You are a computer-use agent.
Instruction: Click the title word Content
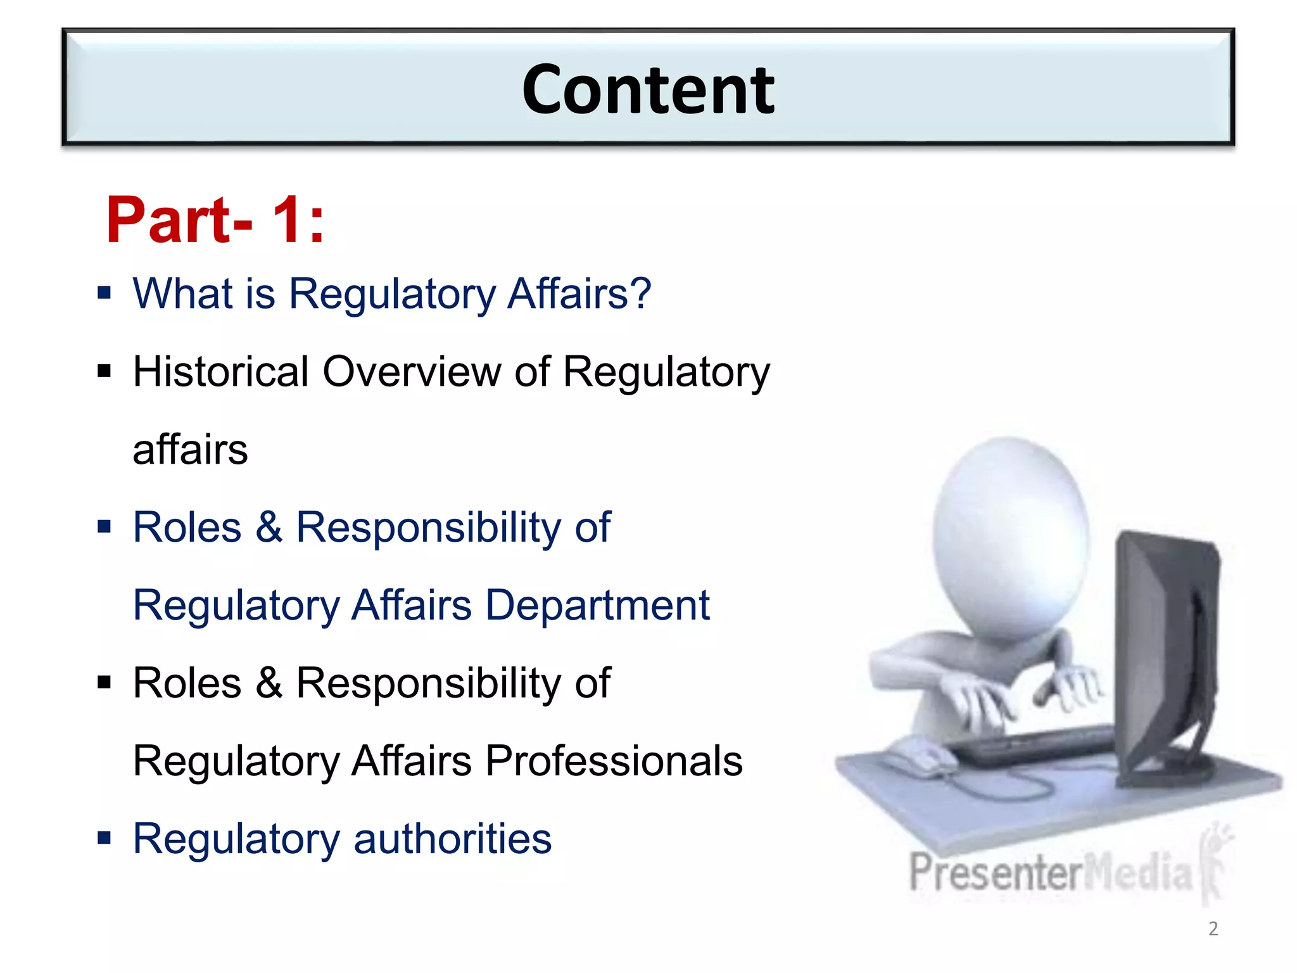click(x=648, y=91)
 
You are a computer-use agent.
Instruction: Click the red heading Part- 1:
click(x=215, y=220)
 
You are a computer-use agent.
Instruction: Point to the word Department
click(x=597, y=605)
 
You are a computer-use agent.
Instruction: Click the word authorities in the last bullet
click(x=452, y=839)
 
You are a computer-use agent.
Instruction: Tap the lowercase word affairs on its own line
click(x=190, y=449)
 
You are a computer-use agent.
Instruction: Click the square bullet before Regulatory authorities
click(x=104, y=838)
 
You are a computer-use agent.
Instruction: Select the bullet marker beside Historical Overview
click(x=104, y=371)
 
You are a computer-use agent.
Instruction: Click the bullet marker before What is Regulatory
click(x=104, y=293)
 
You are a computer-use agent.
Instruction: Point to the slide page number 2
click(x=1213, y=929)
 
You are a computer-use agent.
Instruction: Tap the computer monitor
click(x=1165, y=652)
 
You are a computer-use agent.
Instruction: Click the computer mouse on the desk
click(x=925, y=757)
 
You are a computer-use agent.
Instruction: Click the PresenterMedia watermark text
click(x=1051, y=873)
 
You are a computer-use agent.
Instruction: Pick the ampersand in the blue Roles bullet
click(x=269, y=527)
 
